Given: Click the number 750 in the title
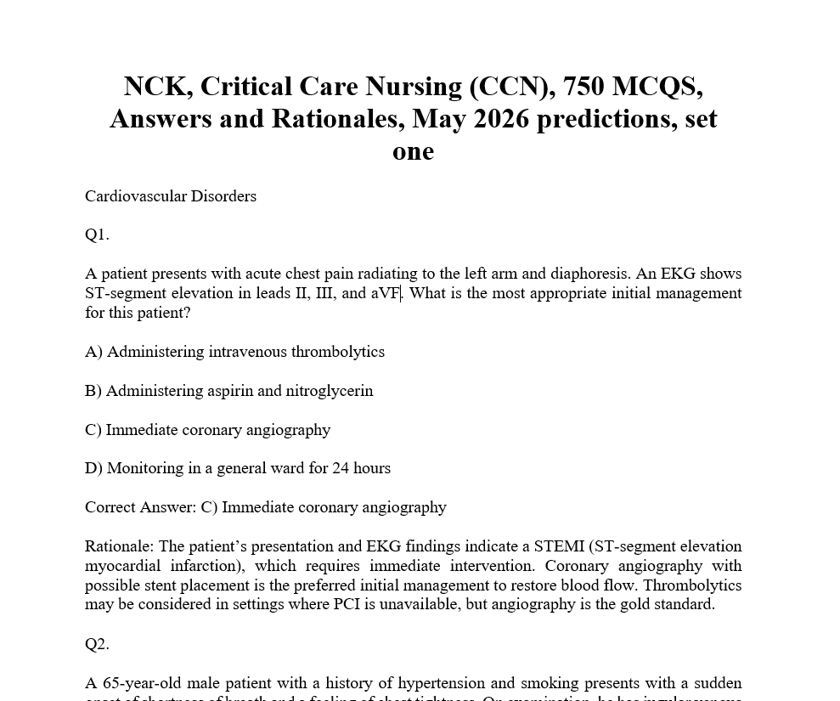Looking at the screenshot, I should (583, 87).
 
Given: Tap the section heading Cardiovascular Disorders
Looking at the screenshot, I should (171, 196).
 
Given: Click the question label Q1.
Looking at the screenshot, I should (97, 235).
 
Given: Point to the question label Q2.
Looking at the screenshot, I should (97, 644).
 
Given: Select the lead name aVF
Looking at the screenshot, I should (386, 293).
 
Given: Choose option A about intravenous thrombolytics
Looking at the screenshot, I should (234, 352).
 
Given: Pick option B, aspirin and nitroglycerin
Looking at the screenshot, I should (229, 391).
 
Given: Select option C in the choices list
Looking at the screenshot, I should (208, 430).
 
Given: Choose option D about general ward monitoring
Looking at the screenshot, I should (238, 468).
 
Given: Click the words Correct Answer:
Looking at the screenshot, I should (140, 507).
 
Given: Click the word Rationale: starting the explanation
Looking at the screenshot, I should (119, 546).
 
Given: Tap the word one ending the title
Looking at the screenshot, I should (413, 151).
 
